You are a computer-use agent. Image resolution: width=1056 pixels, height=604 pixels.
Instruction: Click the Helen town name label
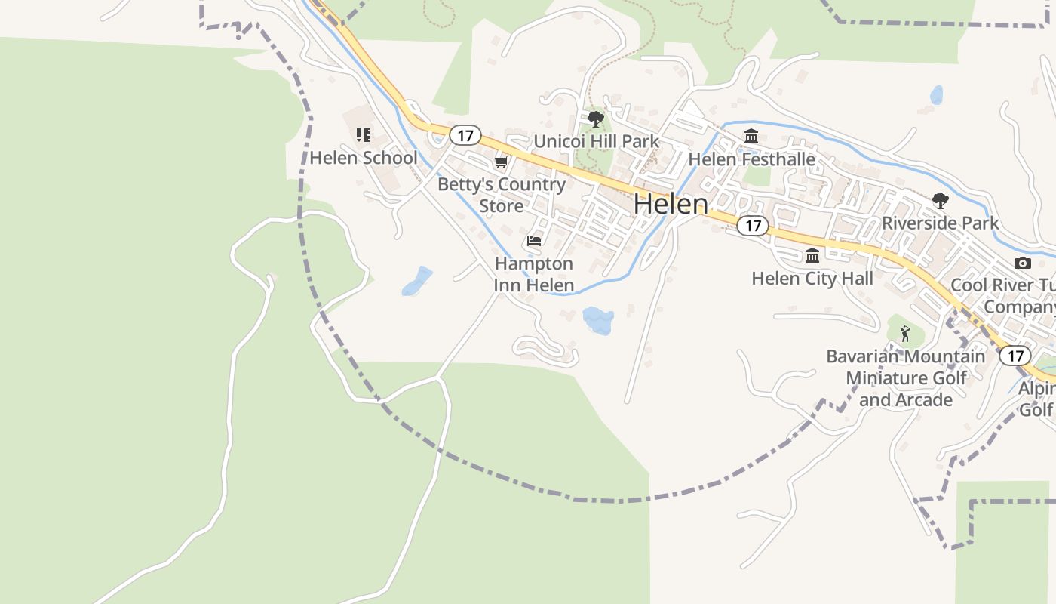(x=671, y=204)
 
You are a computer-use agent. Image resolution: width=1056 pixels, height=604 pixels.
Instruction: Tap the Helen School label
(x=363, y=158)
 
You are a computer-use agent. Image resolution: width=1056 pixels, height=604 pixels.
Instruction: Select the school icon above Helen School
(x=364, y=135)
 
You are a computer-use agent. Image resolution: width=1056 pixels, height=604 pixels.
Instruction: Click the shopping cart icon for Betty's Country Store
(x=501, y=162)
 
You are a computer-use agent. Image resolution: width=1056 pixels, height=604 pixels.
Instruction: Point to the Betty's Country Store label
(x=501, y=195)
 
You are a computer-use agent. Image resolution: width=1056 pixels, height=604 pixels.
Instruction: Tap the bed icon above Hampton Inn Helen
(x=534, y=241)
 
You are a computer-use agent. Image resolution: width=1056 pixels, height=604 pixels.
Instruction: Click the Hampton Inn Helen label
(x=534, y=275)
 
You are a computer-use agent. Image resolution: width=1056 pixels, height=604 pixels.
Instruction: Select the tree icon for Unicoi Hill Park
(x=595, y=119)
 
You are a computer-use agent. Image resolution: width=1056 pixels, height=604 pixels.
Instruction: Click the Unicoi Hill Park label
(x=596, y=141)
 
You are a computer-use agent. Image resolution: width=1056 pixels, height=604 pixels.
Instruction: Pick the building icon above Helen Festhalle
(x=751, y=137)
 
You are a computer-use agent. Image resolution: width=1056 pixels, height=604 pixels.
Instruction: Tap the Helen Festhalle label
(x=751, y=159)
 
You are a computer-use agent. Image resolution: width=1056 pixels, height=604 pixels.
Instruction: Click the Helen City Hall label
(x=812, y=279)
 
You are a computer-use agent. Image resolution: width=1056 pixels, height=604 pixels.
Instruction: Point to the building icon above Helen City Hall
(x=812, y=255)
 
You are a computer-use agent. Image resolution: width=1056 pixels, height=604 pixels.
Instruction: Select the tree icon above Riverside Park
(x=940, y=200)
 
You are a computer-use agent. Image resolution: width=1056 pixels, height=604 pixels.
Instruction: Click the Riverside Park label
(x=940, y=223)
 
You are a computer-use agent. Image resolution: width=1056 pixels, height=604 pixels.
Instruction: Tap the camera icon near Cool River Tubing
(x=1023, y=263)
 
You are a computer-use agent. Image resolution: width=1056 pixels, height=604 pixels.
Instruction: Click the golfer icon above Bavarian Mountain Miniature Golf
(x=905, y=333)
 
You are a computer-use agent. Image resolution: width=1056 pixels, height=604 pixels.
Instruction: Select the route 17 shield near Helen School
(x=465, y=136)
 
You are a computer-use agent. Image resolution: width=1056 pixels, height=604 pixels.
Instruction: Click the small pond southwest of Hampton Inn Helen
(x=417, y=281)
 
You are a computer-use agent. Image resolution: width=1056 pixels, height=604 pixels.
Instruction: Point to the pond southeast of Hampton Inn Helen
(x=598, y=319)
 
